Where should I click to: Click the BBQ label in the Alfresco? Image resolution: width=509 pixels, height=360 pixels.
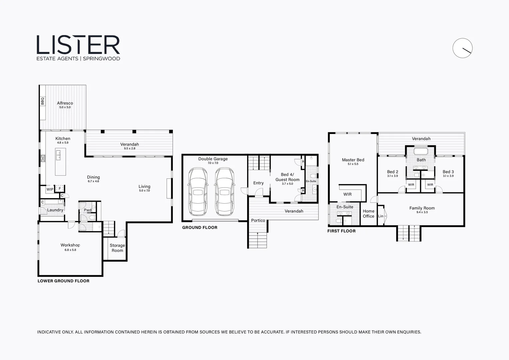pos(43,101)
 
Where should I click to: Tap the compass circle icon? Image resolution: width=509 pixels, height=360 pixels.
pos(462,48)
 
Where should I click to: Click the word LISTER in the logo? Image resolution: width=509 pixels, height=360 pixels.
pos(78,45)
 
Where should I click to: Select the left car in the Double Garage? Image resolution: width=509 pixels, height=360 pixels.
pos(198,191)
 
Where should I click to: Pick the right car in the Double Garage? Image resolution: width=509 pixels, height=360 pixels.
pos(225,191)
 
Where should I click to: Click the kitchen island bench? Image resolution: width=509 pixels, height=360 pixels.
pos(60,162)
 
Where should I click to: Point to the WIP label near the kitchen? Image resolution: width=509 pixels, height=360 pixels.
pos(50,189)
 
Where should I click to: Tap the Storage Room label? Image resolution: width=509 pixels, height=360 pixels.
pos(117,248)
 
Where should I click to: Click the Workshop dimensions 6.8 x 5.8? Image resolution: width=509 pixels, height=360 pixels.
pos(70,250)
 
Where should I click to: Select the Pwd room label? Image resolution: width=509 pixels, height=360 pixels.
pos(88,210)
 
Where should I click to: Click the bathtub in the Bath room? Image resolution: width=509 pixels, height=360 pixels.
pos(421,151)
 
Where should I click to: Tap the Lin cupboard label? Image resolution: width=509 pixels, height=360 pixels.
pos(381,216)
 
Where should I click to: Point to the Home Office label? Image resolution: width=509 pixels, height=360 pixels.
pos(368,214)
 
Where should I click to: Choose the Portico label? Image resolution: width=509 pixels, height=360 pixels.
pos(258,220)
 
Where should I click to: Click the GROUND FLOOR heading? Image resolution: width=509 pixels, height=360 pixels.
pos(200,227)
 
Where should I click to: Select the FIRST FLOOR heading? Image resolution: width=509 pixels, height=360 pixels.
pos(341,231)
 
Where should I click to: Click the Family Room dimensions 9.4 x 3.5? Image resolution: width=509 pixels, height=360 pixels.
pos(422,212)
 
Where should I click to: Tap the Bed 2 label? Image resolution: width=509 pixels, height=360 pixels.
pos(393,172)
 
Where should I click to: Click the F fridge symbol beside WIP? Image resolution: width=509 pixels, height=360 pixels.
pos(60,189)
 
